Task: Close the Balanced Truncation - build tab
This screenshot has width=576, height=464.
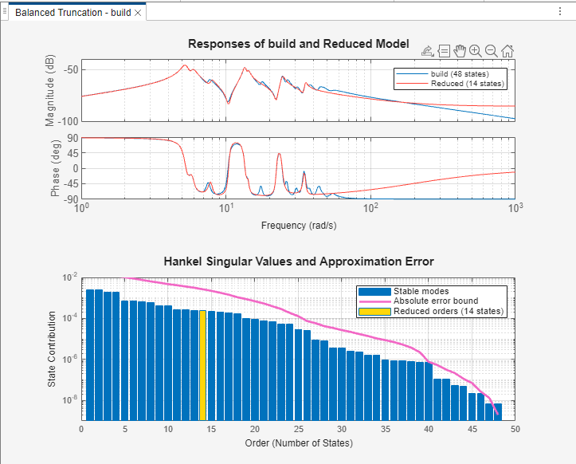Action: coord(138,14)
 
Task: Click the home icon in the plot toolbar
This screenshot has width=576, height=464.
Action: coord(507,51)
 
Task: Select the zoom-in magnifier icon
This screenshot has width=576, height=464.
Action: coord(476,51)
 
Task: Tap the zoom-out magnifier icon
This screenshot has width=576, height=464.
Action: coord(492,51)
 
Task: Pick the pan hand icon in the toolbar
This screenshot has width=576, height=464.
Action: coord(460,51)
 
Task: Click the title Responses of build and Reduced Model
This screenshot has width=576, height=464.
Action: coord(298,44)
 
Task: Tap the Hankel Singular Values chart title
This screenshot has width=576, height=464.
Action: coord(298,261)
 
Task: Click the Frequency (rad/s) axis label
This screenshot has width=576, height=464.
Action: coord(298,226)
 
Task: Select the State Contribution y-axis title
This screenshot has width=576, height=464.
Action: coord(51,349)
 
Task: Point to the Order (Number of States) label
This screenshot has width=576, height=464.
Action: coord(298,443)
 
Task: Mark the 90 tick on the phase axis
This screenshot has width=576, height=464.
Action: coord(71,138)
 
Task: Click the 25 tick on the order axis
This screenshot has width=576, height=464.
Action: coord(298,429)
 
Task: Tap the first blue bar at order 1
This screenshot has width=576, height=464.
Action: coord(90,355)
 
